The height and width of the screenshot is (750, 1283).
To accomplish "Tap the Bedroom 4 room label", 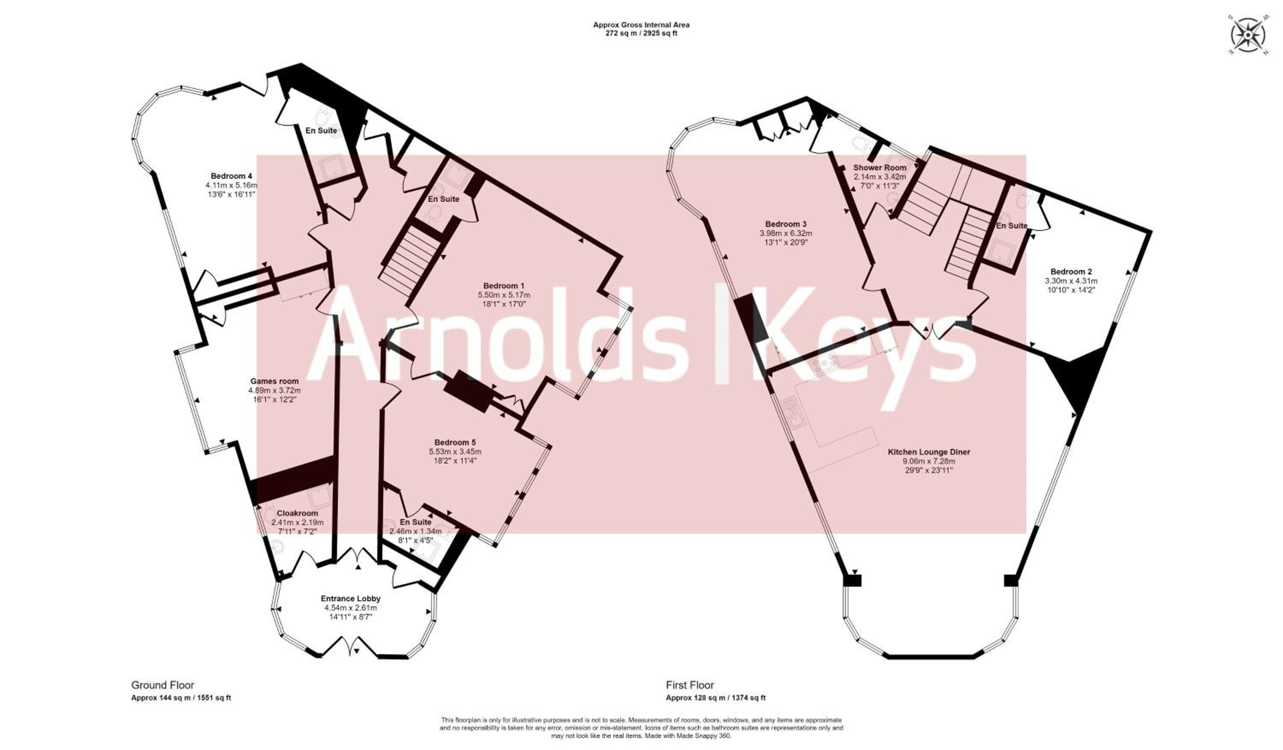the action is click(232, 176).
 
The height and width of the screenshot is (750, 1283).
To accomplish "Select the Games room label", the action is click(275, 381).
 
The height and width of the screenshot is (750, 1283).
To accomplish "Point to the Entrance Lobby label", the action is click(350, 599).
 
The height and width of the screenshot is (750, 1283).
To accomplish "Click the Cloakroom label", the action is click(297, 513).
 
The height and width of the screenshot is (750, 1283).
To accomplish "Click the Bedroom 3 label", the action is click(786, 224).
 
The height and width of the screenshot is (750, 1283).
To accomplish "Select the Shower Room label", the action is click(880, 168).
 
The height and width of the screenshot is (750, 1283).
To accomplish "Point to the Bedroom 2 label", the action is click(1071, 272).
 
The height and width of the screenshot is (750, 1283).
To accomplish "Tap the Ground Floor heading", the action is click(163, 685).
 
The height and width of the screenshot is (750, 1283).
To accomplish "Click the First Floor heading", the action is click(690, 685).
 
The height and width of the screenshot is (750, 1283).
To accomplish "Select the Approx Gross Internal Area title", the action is click(641, 24).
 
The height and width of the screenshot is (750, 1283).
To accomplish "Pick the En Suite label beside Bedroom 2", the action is click(1011, 226).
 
